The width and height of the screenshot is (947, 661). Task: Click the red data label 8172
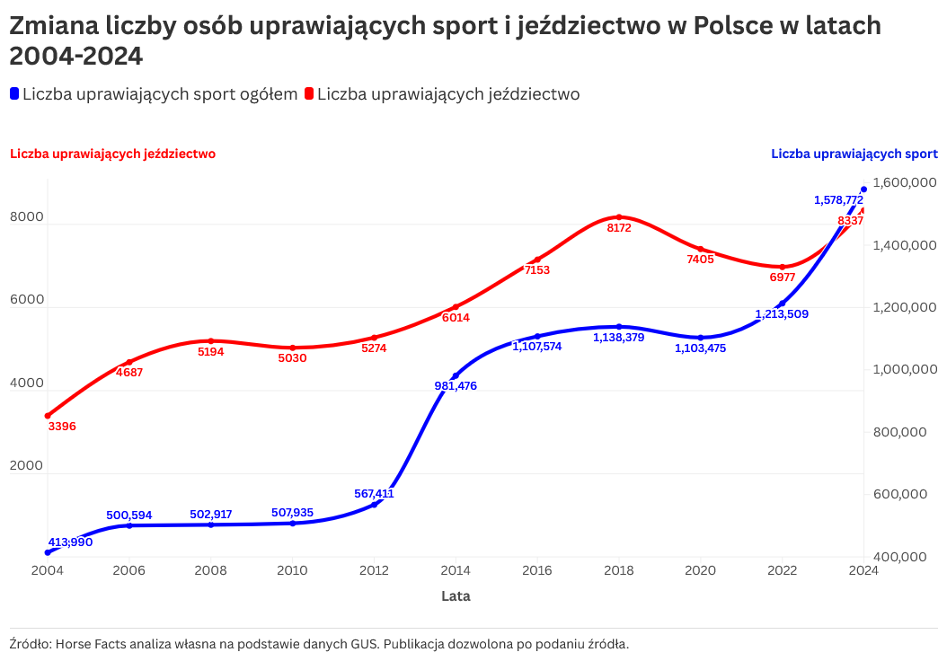point(619,227)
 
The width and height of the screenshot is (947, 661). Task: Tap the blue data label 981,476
point(456,386)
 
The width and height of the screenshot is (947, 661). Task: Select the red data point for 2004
point(48,416)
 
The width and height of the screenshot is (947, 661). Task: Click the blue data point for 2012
point(374,505)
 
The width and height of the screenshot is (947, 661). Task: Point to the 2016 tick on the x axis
point(537,570)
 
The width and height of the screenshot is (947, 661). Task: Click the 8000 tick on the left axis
point(27,216)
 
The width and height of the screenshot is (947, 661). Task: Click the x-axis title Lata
point(456,596)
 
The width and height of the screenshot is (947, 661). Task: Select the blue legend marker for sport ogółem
point(14,93)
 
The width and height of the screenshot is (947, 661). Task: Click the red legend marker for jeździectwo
point(309,93)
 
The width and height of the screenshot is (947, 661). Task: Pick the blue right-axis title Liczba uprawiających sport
point(854,154)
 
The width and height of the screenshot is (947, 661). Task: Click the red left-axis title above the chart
point(113,154)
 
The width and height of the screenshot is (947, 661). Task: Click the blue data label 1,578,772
point(838,199)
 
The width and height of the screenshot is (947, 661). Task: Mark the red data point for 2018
point(619,217)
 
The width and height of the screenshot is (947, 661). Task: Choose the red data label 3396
point(62,427)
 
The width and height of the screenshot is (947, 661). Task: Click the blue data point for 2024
point(863,189)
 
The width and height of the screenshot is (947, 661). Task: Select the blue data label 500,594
point(129,516)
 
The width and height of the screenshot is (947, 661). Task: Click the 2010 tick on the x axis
point(292,570)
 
